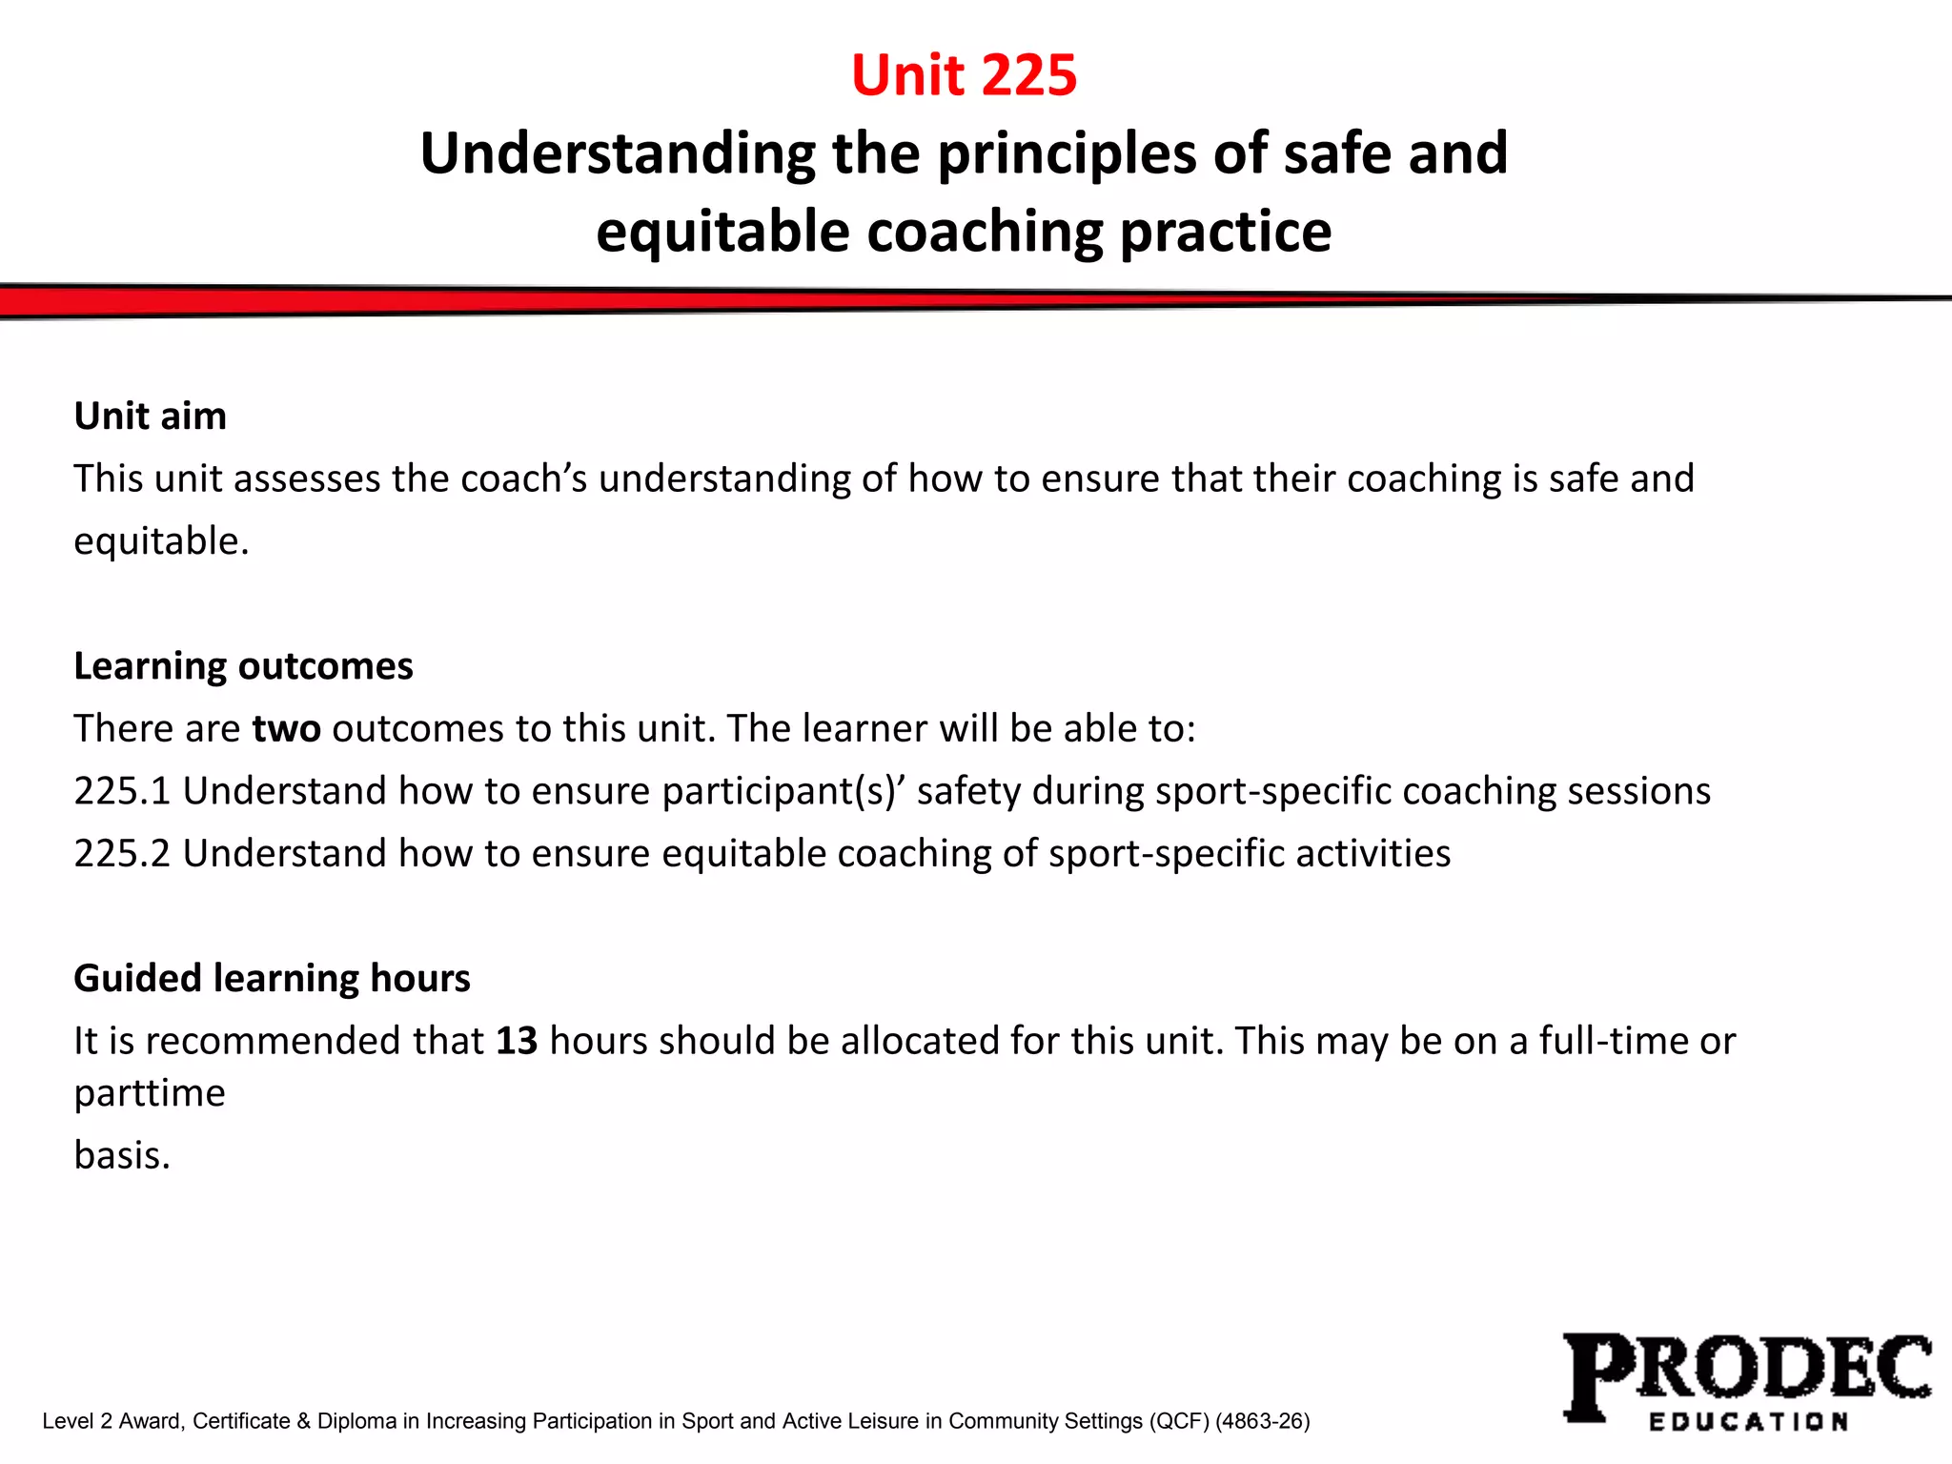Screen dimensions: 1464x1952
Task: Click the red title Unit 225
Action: [x=964, y=75]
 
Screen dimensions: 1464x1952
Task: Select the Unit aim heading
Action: [x=151, y=417]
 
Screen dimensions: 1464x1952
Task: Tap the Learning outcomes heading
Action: [x=243, y=666]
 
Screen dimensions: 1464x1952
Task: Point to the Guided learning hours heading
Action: [x=272, y=979]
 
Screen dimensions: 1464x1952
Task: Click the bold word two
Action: [x=286, y=729]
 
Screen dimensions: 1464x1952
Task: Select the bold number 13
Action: [x=517, y=1041]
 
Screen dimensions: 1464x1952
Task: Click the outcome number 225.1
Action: [x=122, y=792]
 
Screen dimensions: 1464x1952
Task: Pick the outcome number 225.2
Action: [x=122, y=854]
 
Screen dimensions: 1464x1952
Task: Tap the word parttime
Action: [x=150, y=1094]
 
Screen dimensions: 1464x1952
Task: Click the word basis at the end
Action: [x=122, y=1156]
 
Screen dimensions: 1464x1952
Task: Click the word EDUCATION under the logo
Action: [x=1748, y=1422]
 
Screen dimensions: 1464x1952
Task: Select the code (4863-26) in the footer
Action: [x=1262, y=1421]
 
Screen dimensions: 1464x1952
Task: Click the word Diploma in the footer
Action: [x=356, y=1421]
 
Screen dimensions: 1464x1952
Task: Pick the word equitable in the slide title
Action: [x=722, y=233]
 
